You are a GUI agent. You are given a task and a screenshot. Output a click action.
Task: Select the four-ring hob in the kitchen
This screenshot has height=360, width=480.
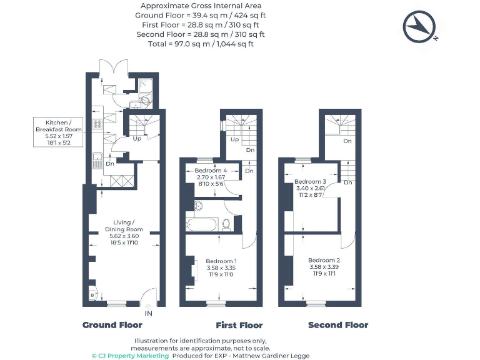tap(97, 124)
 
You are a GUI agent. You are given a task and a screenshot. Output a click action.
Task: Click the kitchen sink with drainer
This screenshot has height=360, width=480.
tap(97, 161)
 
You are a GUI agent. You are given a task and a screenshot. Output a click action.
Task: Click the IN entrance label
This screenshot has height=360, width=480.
tap(148, 312)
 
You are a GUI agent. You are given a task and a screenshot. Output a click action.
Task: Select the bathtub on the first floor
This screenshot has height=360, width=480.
tap(202, 224)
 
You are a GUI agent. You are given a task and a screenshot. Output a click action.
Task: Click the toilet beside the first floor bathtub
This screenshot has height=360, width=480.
tap(226, 223)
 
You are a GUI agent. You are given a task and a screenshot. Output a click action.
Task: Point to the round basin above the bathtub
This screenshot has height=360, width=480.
tap(198, 206)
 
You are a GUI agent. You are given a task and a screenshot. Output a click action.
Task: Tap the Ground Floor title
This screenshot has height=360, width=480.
tap(112, 325)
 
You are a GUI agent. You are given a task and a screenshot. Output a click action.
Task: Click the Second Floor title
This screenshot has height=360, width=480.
tap(337, 325)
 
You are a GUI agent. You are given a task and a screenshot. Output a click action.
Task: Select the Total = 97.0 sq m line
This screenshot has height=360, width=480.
tap(201, 44)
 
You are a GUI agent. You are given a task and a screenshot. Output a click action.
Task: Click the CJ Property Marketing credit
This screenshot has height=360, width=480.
tap(130, 356)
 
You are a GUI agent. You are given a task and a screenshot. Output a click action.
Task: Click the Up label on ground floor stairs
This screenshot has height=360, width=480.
tap(136, 138)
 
